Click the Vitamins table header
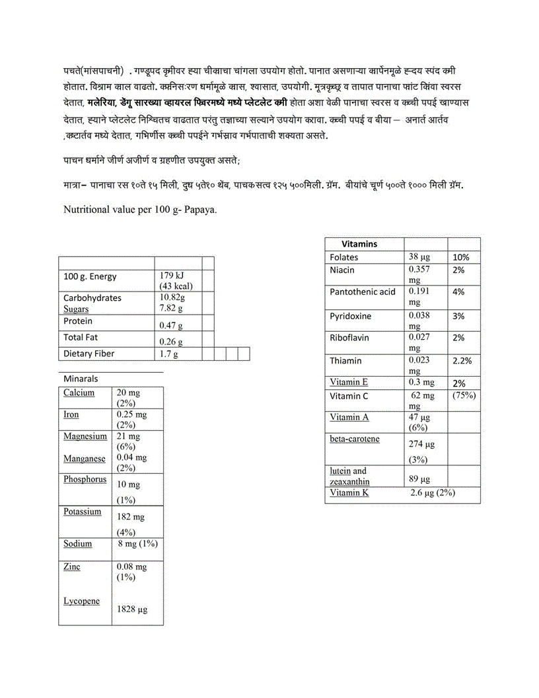coord(359,244)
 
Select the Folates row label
coord(344,257)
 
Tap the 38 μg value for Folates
coord(419,257)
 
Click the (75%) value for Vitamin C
coord(465,396)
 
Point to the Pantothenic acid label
coord(363,291)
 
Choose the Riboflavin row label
coord(349,338)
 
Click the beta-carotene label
coord(355,439)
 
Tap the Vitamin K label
coord(349,492)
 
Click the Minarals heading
coord(81,379)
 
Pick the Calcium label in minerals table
coord(79,393)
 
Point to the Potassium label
coord(83,512)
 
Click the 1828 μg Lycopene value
coord(132,609)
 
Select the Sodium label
coord(78,544)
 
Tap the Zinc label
coord(72,566)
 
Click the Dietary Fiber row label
coord(89,354)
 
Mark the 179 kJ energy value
coord(172,276)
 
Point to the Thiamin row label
coord(345,360)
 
